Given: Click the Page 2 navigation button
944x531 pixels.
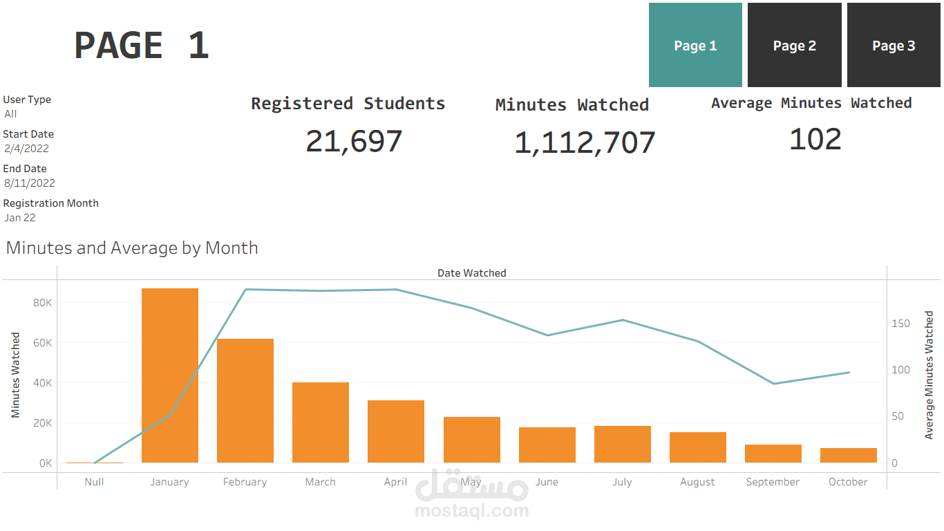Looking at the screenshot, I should coord(794,46).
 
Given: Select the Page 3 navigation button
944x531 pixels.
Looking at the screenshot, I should coord(894,46).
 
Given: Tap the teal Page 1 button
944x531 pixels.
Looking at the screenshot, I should coord(695,46).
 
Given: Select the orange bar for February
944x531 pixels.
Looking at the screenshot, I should coord(245,401).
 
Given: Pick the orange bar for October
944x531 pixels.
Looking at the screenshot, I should coord(849,456).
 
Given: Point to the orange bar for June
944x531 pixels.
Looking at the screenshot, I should coord(547,445).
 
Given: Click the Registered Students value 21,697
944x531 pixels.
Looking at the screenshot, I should coord(354,142).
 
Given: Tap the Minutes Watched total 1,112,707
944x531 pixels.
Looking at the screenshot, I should coord(585,143).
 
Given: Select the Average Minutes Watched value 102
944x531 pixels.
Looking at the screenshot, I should coord(815,139).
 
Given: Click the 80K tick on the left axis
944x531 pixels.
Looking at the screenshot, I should coord(43,303).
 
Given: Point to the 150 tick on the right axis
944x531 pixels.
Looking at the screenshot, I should coord(900,324).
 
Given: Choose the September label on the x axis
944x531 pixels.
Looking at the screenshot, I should coord(773,482).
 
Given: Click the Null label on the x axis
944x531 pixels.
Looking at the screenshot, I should coord(94,482).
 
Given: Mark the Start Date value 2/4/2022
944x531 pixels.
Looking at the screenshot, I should coord(26,149).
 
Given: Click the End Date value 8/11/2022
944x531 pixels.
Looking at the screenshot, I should coord(29,183).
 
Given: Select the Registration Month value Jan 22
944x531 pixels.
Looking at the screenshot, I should coord(20,218).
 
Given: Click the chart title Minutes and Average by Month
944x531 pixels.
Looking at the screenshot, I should coord(132,248).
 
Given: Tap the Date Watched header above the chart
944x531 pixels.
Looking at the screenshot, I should coord(471,273).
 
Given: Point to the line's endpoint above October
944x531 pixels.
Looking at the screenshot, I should coord(849,373).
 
